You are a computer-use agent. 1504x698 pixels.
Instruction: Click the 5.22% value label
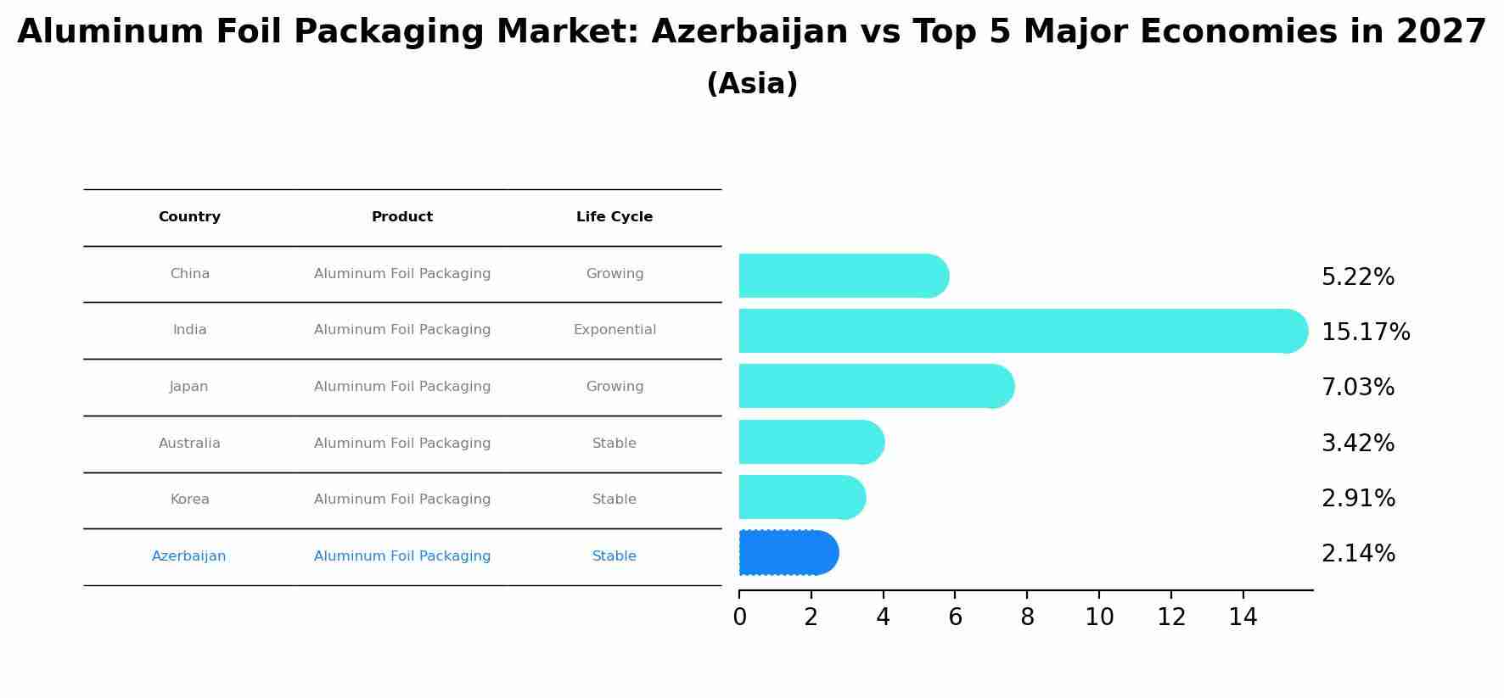tap(1357, 277)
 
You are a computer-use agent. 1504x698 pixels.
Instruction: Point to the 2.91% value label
tap(1357, 499)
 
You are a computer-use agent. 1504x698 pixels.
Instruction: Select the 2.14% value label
tap(1357, 554)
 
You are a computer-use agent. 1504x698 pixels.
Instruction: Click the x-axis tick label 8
tap(1027, 617)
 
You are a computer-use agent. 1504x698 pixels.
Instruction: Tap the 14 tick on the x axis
tap(1243, 617)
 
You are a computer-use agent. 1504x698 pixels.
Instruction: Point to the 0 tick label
tap(739, 617)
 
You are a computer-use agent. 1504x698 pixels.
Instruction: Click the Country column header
tap(189, 217)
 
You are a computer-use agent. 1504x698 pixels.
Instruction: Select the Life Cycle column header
tap(615, 217)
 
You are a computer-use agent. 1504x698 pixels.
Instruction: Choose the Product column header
tap(402, 217)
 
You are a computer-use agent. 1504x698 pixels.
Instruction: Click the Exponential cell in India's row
tap(615, 330)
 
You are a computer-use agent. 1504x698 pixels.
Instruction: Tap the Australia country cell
tap(189, 444)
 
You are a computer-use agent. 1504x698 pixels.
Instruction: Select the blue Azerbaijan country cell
tap(188, 556)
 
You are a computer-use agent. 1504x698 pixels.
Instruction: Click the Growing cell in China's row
tap(615, 274)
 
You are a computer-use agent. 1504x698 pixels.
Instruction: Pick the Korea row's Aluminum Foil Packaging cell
tap(402, 500)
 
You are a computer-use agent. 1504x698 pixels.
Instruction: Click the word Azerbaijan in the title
tap(749, 32)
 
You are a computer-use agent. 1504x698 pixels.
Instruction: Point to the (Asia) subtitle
tap(752, 84)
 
